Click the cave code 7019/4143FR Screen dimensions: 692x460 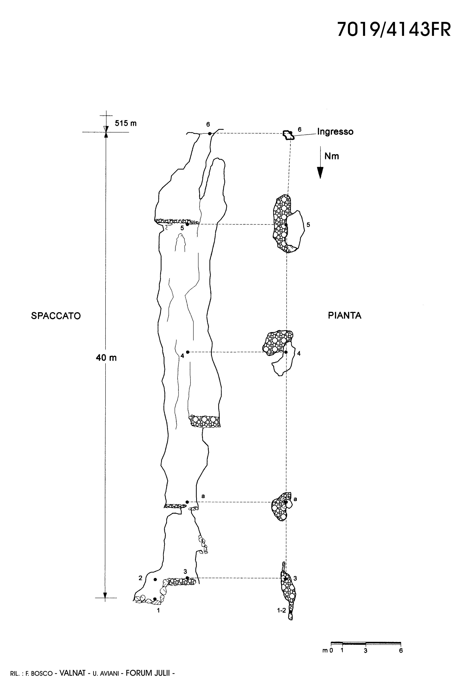coord(394,29)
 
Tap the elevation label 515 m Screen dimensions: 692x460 coord(125,123)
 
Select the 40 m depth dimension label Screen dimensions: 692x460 coord(106,358)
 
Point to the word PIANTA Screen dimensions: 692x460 coord(345,316)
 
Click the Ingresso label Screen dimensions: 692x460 coord(335,132)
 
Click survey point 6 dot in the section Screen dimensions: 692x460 coord(209,134)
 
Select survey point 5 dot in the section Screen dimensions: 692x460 coord(187,224)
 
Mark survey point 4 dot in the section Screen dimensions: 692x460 coord(188,352)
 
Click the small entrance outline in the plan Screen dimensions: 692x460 coord(288,135)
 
